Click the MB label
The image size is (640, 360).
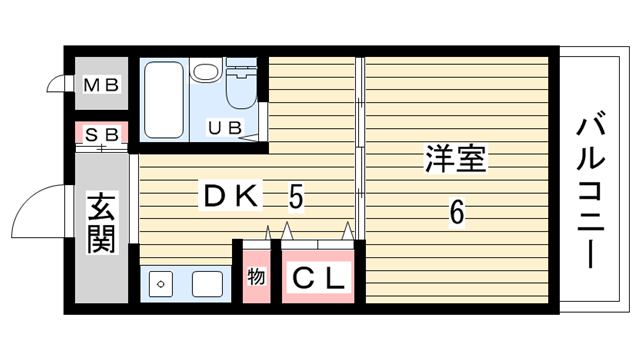click(101, 85)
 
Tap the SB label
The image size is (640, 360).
click(102, 134)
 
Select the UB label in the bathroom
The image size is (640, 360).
click(225, 128)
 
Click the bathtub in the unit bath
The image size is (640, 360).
click(164, 100)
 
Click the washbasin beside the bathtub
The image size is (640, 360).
click(206, 70)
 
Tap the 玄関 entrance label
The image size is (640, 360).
click(102, 222)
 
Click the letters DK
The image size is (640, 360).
click(231, 196)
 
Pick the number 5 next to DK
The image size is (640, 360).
click(296, 197)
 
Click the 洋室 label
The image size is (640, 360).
click(456, 158)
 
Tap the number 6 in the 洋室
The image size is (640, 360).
click(457, 211)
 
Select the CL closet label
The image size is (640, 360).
click(318, 278)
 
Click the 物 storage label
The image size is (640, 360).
click(256, 277)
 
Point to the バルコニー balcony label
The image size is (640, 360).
click(590, 192)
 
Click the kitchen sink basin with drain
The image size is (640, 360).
click(160, 284)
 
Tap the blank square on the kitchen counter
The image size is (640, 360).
click(207, 284)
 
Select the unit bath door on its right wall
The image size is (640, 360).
click(263, 121)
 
